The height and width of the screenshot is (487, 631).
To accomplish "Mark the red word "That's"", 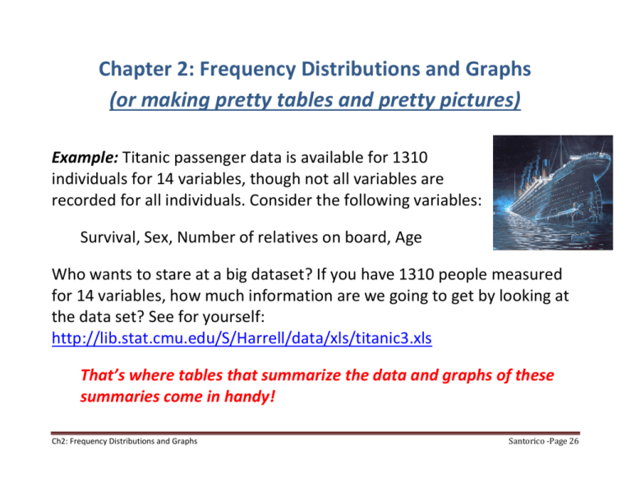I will pos(103,374).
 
